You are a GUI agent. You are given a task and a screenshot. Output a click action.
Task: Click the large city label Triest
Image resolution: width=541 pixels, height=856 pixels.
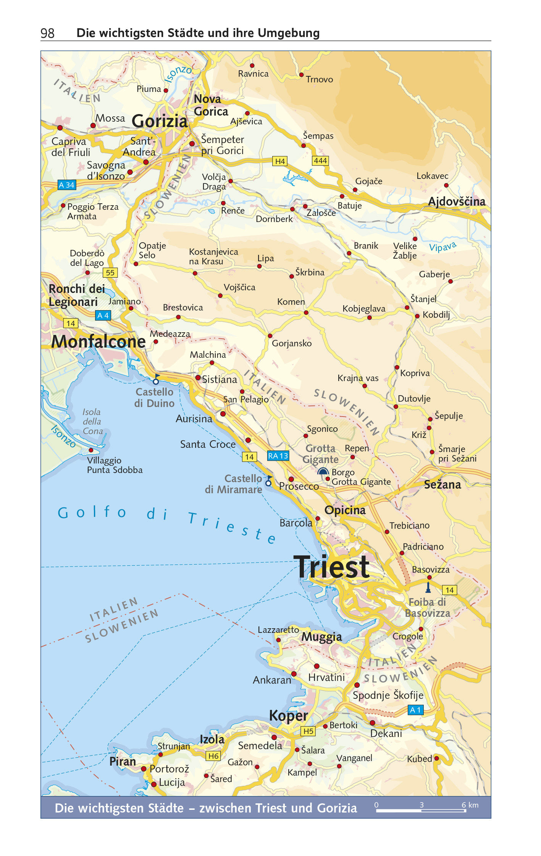click(x=331, y=567)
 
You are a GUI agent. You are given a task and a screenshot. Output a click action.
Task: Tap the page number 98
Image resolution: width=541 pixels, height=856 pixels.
click(x=47, y=34)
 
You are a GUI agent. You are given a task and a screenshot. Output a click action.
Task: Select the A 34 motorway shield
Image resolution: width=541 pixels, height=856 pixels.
click(x=67, y=185)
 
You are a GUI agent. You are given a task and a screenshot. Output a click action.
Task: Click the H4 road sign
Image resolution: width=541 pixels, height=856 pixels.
click(x=280, y=161)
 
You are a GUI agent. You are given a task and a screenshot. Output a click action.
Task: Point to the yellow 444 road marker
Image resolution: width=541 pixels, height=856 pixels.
click(x=320, y=161)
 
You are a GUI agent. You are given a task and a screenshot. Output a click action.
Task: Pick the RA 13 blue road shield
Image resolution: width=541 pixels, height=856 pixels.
click(x=278, y=456)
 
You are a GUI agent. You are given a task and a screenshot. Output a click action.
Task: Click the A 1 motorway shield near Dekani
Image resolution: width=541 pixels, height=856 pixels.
click(x=415, y=710)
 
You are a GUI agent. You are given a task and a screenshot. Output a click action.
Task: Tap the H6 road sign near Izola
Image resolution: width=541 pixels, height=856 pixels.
click(x=213, y=756)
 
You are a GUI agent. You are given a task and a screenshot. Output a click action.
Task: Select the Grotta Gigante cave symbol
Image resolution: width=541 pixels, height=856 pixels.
click(x=323, y=471)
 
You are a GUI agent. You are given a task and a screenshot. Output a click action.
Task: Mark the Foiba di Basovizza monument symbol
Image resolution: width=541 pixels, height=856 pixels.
click(x=428, y=587)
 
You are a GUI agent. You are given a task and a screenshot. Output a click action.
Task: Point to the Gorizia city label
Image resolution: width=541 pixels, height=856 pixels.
click(x=160, y=121)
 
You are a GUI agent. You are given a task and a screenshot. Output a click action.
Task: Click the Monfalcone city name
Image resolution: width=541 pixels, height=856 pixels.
click(x=99, y=341)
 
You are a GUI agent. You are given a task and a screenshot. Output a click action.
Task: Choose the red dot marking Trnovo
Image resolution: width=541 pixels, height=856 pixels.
click(x=301, y=75)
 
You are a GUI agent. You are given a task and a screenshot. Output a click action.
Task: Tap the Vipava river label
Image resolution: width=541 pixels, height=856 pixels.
click(x=442, y=247)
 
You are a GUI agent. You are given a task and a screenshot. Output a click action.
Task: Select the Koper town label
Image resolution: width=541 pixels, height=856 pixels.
click(x=288, y=716)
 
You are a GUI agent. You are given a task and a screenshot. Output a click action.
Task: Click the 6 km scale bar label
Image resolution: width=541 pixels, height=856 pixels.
click(x=470, y=805)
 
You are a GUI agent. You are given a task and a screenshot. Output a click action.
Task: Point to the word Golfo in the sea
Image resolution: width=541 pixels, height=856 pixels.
click(x=92, y=512)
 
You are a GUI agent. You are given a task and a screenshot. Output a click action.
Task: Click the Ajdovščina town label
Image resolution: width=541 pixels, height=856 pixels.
click(x=456, y=201)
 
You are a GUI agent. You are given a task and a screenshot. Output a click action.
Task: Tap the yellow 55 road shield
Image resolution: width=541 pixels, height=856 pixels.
click(x=110, y=273)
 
